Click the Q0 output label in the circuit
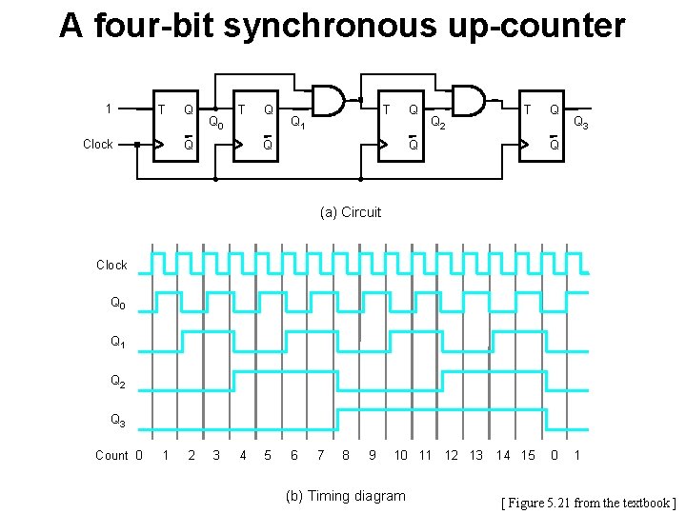[x=216, y=123]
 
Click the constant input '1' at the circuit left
[x=110, y=108]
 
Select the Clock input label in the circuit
[x=98, y=145]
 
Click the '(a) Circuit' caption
[x=350, y=212]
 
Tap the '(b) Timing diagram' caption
[x=346, y=496]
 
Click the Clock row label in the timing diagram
[x=111, y=265]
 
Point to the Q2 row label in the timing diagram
[x=117, y=381]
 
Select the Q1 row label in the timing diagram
[x=117, y=342]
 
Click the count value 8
[x=345, y=456]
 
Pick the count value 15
[x=528, y=456]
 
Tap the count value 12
[x=452, y=456]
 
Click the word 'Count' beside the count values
[x=111, y=456]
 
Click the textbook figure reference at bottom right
[x=589, y=502]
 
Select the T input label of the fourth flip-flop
[x=526, y=109]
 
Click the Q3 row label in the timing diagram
[x=117, y=420]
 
